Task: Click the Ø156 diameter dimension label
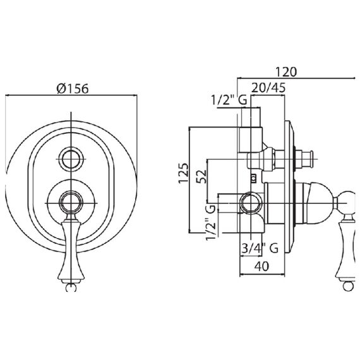pos(73,88)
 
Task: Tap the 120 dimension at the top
pos(286,72)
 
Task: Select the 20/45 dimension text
pos(268,88)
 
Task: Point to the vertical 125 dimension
pos(183,173)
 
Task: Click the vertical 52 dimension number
pos(201,177)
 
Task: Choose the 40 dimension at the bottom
pos(261,267)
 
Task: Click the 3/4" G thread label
pos(260,248)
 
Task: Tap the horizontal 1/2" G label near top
pos(229,100)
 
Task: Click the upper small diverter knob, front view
pos(71,159)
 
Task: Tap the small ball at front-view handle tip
pos(71,287)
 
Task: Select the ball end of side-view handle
pos(349,287)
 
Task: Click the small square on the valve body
pos(254,177)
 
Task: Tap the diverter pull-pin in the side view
pos(304,159)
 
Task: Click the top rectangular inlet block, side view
pos(251,140)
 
